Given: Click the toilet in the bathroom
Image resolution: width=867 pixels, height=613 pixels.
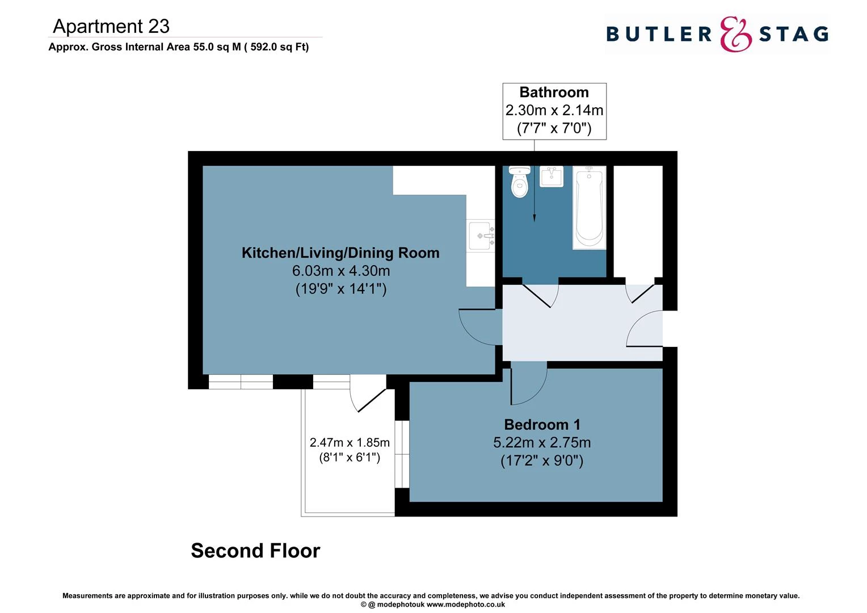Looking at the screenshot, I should [519, 182].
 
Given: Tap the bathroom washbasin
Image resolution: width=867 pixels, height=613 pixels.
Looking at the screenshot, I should [551, 177].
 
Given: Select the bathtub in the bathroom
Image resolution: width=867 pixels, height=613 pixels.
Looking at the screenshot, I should [590, 208].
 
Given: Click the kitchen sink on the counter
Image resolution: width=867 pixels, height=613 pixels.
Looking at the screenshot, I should [481, 235].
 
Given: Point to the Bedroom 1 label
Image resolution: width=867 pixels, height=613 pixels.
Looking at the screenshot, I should [542, 425].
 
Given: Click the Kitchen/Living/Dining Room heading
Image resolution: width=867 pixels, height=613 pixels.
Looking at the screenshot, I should [340, 253].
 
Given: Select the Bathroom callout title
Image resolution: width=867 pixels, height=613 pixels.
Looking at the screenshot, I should [554, 93].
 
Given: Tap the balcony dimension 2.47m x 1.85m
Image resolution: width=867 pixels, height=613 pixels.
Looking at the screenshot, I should [350, 443].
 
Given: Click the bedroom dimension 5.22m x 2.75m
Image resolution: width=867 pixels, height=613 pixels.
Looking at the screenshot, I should [542, 443].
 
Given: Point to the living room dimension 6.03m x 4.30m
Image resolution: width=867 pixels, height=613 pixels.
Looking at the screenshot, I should [340, 271].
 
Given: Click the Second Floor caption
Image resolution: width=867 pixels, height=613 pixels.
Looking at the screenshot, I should [255, 551].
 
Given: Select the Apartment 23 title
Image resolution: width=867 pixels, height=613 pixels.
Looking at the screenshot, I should [111, 26].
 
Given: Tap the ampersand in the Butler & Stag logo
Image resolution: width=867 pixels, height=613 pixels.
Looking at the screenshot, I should [735, 35].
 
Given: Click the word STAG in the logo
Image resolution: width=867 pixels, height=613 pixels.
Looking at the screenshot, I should [793, 35].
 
